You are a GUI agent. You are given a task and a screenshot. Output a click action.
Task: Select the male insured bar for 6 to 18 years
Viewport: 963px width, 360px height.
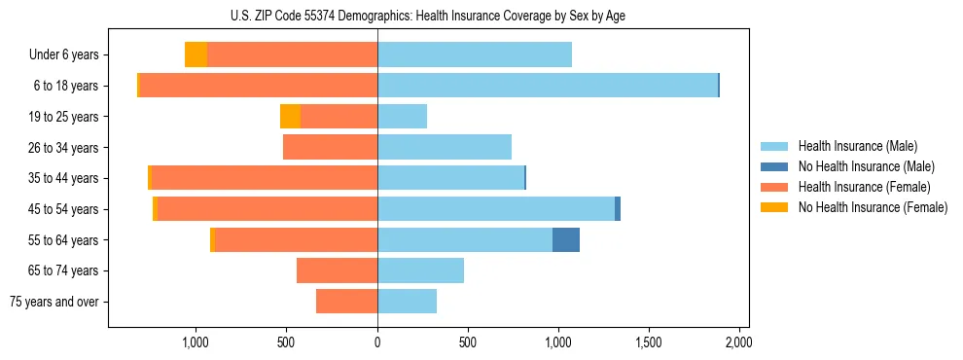click(x=548, y=86)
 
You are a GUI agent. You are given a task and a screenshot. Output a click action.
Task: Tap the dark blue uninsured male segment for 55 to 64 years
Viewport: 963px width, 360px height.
click(x=566, y=239)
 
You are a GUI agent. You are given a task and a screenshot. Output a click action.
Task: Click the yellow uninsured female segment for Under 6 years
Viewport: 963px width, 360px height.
click(x=196, y=54)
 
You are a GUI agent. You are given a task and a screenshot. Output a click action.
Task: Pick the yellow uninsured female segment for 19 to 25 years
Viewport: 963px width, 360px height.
click(x=290, y=117)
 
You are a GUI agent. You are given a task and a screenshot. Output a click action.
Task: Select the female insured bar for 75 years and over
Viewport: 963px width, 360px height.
click(x=346, y=302)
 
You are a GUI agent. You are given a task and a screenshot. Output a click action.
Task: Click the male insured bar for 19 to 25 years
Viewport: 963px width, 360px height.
click(x=402, y=117)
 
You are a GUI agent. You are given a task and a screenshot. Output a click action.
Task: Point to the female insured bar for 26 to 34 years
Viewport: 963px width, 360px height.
click(x=330, y=147)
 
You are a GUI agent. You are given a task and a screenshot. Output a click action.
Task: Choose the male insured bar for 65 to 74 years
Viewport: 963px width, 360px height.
click(x=420, y=270)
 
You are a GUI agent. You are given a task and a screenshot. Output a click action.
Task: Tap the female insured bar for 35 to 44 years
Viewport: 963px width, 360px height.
click(x=265, y=178)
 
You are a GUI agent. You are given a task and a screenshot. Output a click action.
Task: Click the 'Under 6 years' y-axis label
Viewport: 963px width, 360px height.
click(x=63, y=54)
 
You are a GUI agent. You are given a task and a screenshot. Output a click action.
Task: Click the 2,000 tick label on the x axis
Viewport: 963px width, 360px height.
click(x=738, y=342)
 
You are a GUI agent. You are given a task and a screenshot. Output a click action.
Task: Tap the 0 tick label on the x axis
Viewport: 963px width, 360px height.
click(x=377, y=342)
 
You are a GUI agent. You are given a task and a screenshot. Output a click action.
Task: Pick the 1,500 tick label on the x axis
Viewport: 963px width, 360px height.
click(x=648, y=342)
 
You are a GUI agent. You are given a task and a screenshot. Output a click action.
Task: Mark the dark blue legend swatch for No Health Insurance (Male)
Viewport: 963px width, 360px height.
click(x=775, y=166)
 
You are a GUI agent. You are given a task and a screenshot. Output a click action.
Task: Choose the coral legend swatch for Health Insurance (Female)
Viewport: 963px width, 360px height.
click(x=775, y=187)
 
